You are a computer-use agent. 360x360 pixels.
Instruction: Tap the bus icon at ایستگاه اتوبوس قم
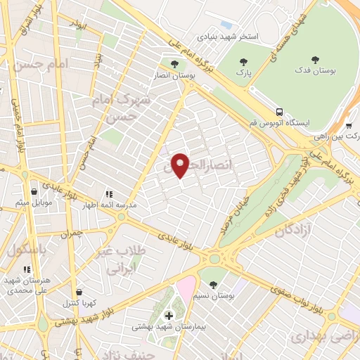pyautogui.click(x=280, y=112)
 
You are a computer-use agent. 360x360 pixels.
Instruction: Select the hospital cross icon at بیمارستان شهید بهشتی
pyautogui.click(x=168, y=314)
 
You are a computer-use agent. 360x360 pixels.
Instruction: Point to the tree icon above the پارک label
pyautogui.click(x=243, y=61)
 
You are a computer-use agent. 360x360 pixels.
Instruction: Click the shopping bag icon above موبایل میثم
pyautogui.click(x=33, y=191)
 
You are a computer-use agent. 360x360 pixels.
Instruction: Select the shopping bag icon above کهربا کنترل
pyautogui.click(x=79, y=291)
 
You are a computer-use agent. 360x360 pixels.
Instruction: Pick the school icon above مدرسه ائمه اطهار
pyautogui.click(x=108, y=193)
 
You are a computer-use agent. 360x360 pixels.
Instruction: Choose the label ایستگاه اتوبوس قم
pyautogui.click(x=287, y=122)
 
